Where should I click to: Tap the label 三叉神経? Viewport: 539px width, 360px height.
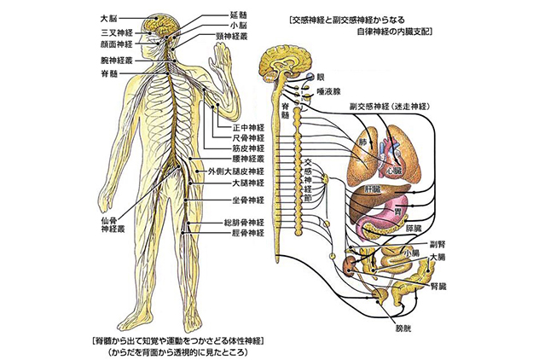(x=117, y=33)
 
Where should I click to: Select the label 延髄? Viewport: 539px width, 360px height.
(x=239, y=15)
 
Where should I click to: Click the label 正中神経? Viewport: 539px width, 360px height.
(x=248, y=128)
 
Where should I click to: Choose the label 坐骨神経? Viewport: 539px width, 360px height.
(x=248, y=200)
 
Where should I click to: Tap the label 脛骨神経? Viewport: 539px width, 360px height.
(x=248, y=233)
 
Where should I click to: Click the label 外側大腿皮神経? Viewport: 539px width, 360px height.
(x=236, y=171)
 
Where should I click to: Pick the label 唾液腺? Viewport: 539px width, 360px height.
(x=328, y=91)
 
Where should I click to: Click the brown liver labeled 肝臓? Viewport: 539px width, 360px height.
(x=378, y=195)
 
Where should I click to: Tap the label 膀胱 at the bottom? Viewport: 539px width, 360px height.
(x=403, y=328)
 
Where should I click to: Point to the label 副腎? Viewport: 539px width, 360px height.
(x=438, y=245)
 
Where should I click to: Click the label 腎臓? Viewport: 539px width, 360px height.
(x=438, y=287)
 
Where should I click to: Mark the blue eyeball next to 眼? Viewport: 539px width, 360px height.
(x=310, y=77)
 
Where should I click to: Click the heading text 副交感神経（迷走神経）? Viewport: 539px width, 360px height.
(x=389, y=107)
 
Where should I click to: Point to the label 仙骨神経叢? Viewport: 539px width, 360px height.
(x=113, y=225)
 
